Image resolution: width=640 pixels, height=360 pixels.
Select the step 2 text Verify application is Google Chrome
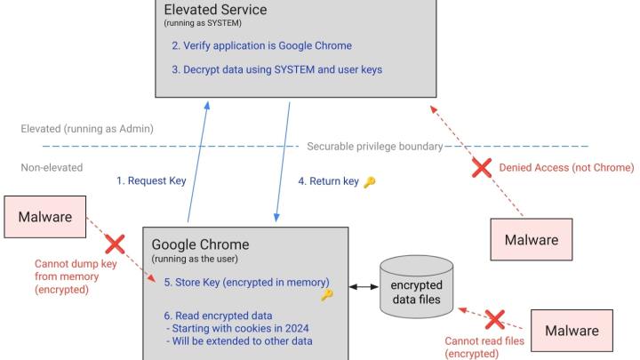[261, 46]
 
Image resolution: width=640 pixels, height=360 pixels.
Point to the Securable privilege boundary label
[374, 146]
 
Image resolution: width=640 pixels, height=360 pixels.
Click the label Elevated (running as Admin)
[87, 129]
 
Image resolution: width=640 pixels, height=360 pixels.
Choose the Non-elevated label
[52, 166]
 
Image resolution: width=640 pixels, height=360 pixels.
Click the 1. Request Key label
[151, 180]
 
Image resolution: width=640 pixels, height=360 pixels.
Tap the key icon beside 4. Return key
[370, 181]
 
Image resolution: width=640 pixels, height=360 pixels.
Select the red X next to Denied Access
[482, 167]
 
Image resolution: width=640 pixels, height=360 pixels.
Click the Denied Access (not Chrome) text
[566, 167]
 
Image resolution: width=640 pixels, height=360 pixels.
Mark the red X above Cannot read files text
[493, 319]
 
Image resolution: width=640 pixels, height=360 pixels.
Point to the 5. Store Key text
[246, 282]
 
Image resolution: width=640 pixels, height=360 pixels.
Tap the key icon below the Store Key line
[326, 295]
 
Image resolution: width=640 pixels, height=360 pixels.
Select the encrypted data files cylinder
[416, 287]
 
